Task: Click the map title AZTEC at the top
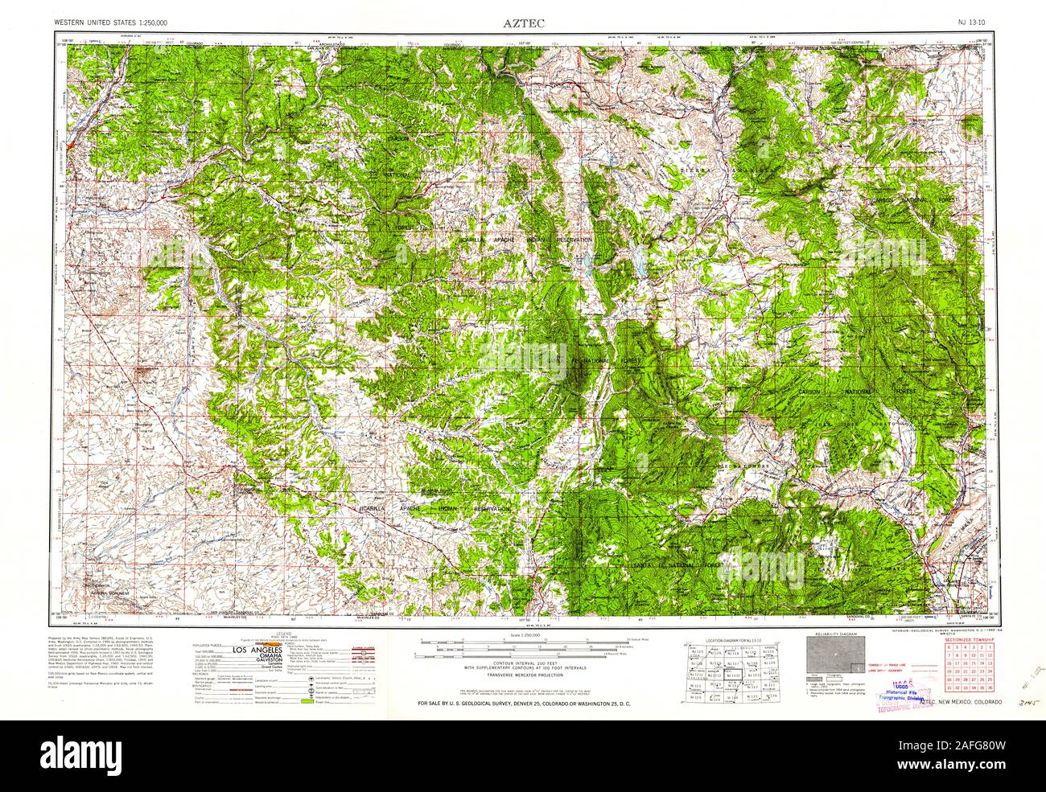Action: pyautogui.click(x=524, y=23)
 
